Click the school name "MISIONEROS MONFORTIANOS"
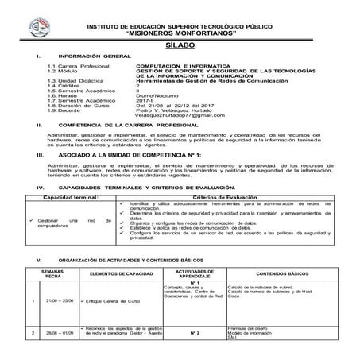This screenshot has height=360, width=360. point(185,35)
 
